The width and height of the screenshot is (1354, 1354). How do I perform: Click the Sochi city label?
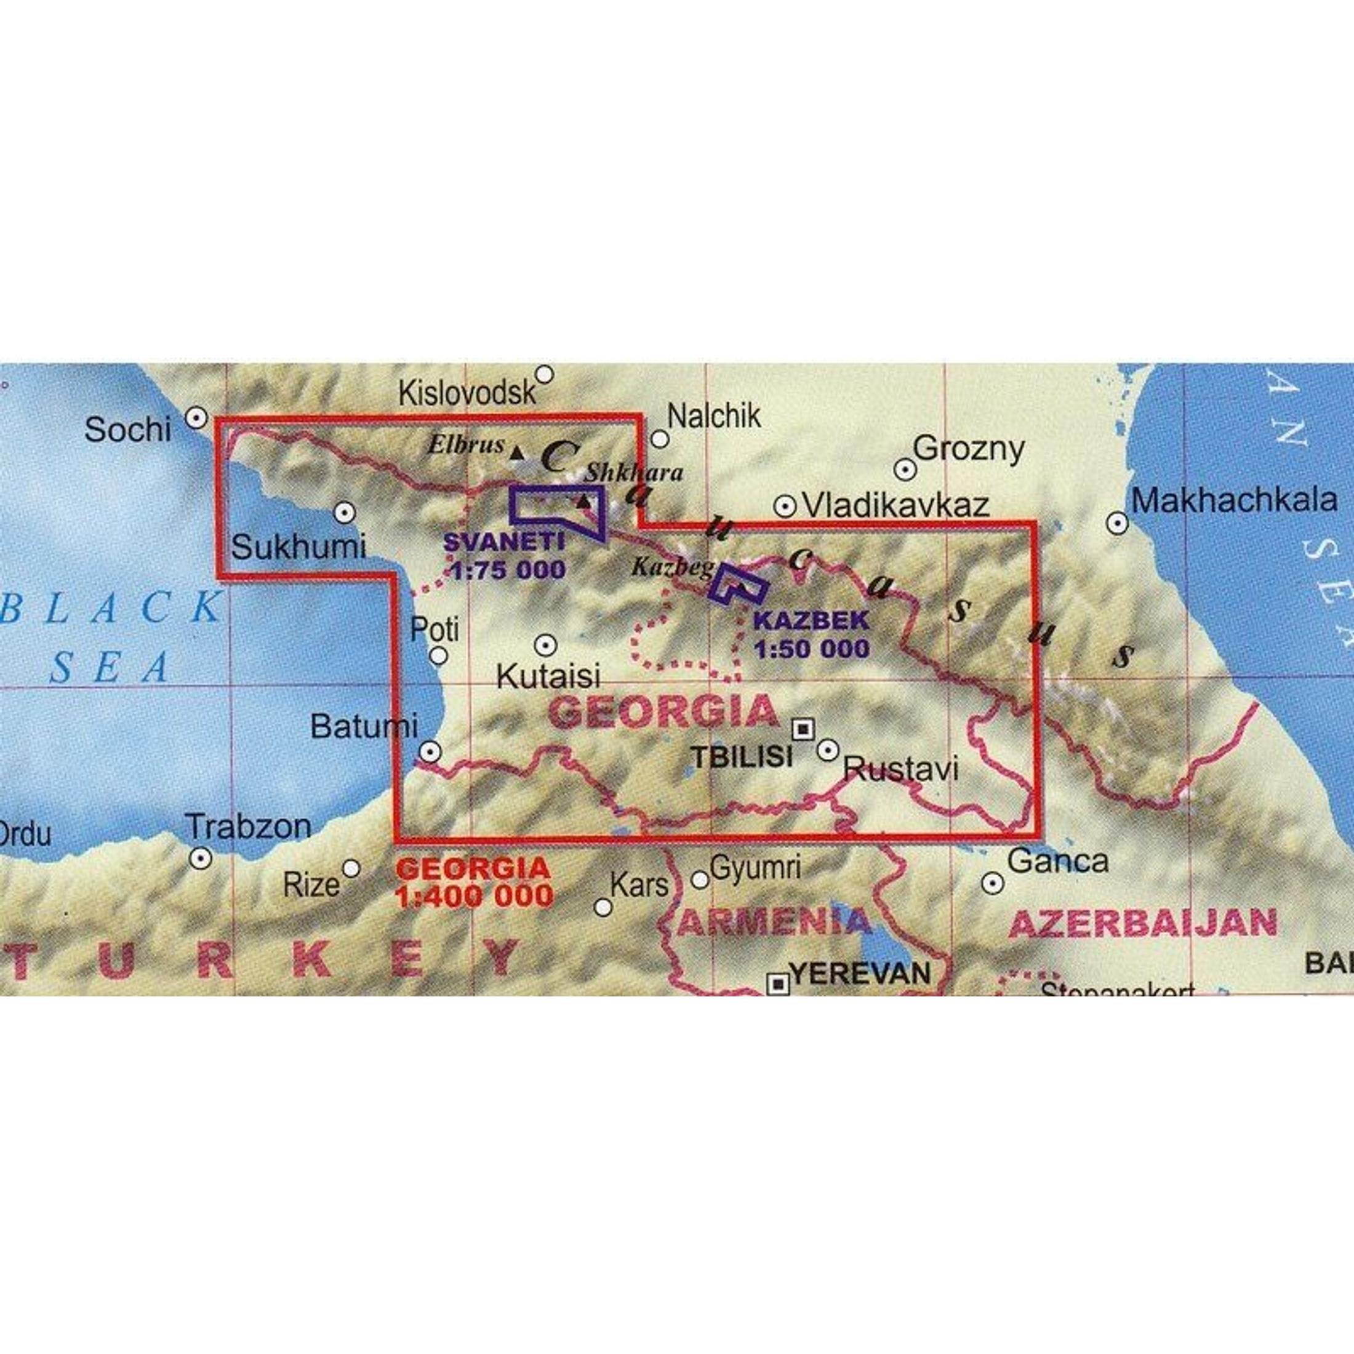127,429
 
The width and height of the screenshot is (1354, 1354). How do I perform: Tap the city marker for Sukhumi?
344,513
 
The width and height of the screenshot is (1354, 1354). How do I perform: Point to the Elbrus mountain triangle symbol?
516,454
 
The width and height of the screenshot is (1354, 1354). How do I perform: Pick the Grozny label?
969,449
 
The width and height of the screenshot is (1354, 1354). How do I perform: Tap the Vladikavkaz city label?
895,505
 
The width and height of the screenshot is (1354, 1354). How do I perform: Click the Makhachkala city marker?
1117,523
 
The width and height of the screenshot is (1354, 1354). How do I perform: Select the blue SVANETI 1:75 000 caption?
505,556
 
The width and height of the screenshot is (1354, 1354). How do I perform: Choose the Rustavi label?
900,770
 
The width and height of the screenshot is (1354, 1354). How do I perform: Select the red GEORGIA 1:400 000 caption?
474,883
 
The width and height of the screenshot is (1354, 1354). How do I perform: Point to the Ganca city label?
1057,860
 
